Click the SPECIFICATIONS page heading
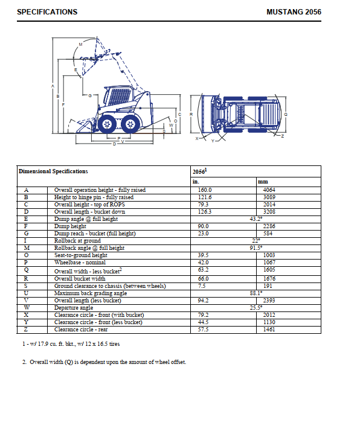point(47,12)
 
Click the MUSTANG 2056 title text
point(294,12)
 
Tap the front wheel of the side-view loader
point(107,124)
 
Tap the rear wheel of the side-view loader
point(130,124)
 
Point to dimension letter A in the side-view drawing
point(53,86)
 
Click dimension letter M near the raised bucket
point(80,44)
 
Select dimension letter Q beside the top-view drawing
point(286,114)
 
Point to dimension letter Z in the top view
point(283,136)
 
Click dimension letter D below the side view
point(114,144)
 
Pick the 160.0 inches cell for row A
point(205,190)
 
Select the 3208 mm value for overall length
point(269,212)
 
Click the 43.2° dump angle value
point(256,219)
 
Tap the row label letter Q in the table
point(27,270)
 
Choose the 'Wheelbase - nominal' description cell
point(80,263)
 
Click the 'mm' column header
point(263,182)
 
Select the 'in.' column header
point(196,182)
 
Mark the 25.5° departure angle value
point(256,307)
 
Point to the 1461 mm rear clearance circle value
point(269,330)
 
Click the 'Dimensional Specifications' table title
point(53,171)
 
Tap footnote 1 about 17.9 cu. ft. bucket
point(71,344)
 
